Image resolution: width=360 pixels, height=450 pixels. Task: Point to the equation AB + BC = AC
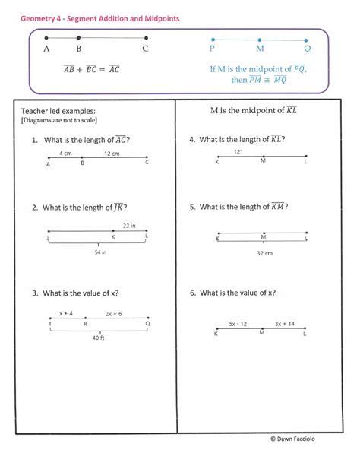[92, 69]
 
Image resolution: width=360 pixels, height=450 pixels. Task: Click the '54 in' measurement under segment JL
[99, 252]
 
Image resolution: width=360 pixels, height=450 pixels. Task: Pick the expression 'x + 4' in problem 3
[66, 312]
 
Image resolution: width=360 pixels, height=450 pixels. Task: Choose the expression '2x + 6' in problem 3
[114, 312]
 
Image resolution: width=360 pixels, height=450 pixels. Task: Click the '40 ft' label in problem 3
[98, 337]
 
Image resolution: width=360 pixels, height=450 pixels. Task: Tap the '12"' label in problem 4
[238, 151]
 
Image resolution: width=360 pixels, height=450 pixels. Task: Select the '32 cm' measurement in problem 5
[264, 253]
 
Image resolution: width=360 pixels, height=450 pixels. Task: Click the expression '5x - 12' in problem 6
[238, 323]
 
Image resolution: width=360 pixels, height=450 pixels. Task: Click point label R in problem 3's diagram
[85, 323]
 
